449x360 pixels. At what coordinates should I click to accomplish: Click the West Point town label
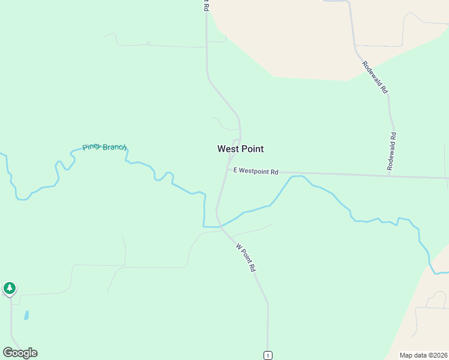[240, 149]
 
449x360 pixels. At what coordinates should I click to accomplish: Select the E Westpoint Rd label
[256, 172]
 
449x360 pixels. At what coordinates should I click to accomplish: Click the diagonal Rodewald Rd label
[375, 76]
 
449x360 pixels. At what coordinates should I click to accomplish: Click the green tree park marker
[9, 288]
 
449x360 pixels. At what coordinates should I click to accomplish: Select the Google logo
[20, 353]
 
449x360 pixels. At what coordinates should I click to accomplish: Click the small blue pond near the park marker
[26, 315]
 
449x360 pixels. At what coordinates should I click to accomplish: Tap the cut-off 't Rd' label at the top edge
[205, 5]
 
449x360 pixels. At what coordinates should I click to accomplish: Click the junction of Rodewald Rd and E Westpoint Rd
[389, 176]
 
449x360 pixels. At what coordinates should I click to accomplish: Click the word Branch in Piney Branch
[115, 147]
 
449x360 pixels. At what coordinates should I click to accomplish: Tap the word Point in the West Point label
[252, 149]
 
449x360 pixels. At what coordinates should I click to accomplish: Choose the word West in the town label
[228, 149]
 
